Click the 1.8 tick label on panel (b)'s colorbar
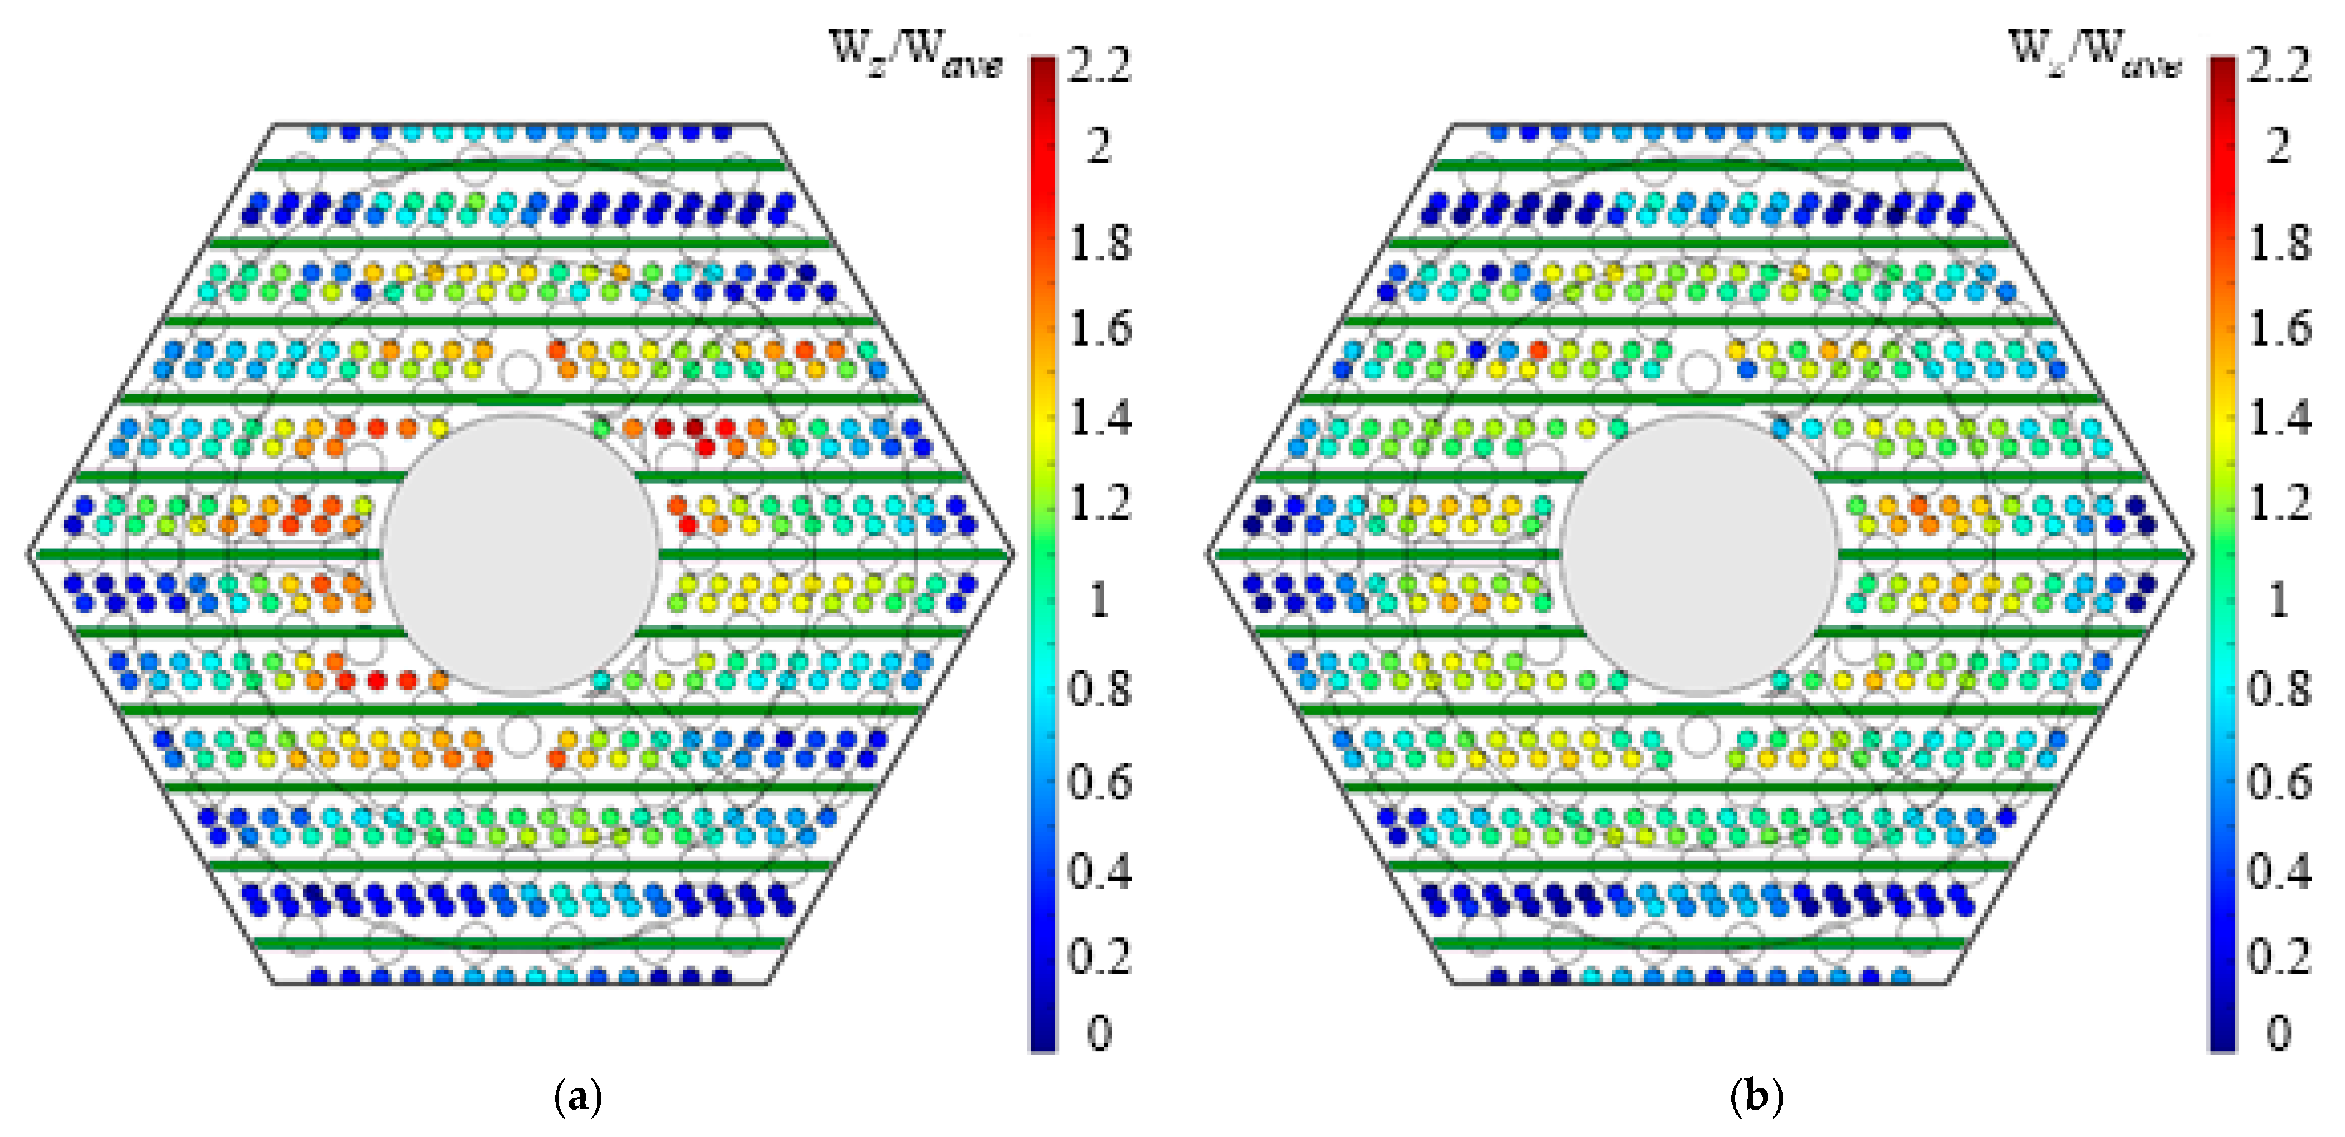[2279, 243]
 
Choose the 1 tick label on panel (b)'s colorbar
[2279, 600]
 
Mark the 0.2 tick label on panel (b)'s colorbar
[2279, 956]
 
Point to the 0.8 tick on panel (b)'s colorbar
[2279, 689]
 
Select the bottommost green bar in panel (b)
[1698, 943]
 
